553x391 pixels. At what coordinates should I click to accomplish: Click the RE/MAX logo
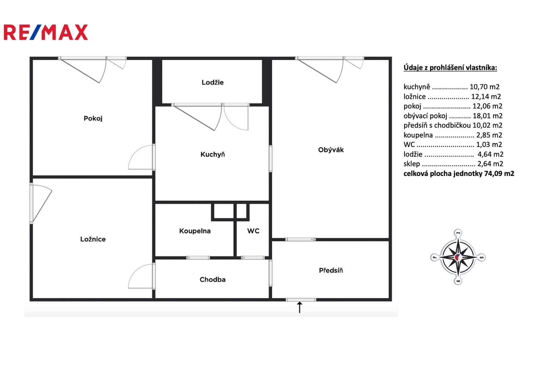tap(46, 32)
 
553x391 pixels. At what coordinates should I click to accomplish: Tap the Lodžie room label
tap(213, 82)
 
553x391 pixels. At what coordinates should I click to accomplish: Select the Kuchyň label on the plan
tap(213, 154)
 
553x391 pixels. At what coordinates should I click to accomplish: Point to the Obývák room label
tap(331, 150)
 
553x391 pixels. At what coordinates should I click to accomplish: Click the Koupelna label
tap(195, 231)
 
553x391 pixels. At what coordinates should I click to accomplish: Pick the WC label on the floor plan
tap(253, 231)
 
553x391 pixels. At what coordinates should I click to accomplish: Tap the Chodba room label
tap(213, 279)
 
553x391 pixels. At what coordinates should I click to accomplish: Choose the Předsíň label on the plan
tap(331, 270)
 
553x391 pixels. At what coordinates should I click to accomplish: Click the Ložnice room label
tap(93, 239)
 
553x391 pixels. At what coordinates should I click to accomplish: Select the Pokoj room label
tap(93, 118)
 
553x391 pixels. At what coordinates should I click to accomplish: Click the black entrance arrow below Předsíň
tap(299, 307)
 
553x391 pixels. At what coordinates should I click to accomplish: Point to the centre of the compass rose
tap(458, 257)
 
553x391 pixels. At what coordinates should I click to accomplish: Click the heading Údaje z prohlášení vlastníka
tap(450, 68)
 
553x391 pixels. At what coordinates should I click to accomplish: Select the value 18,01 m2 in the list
tap(487, 116)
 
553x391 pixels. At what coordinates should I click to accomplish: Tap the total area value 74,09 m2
tap(499, 173)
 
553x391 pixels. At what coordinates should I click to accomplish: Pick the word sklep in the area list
tap(412, 164)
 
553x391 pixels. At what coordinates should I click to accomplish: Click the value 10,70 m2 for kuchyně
tap(485, 87)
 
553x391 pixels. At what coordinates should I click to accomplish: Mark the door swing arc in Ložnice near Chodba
tap(135, 272)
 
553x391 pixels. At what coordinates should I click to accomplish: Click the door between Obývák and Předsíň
tap(301, 239)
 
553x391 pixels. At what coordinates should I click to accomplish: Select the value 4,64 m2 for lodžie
tap(490, 154)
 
